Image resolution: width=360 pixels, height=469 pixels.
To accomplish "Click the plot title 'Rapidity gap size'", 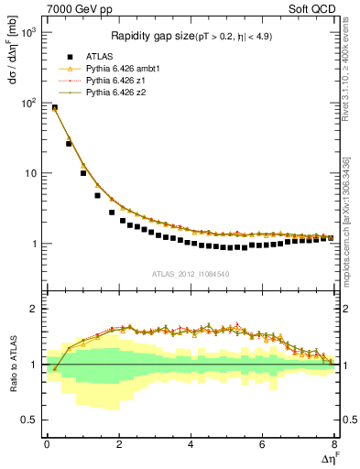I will point(149,37).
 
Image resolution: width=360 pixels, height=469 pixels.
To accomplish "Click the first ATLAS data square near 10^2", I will point(54,108).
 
